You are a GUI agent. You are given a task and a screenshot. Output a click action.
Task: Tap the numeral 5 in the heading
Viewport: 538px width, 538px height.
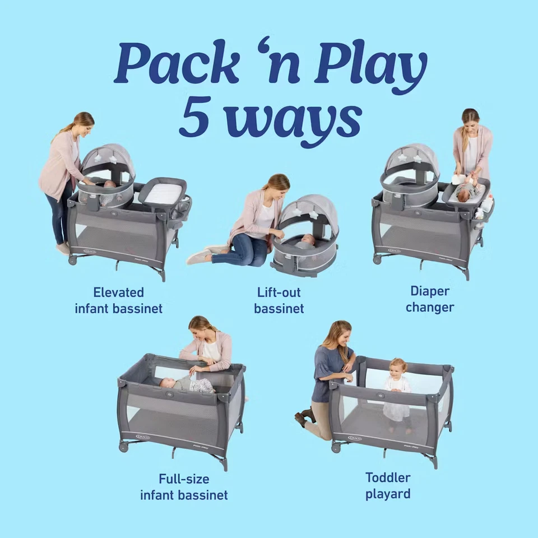click(194, 118)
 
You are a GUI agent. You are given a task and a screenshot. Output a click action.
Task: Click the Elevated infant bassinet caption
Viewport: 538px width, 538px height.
click(118, 300)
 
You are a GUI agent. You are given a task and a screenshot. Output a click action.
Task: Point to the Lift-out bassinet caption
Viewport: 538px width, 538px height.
click(279, 300)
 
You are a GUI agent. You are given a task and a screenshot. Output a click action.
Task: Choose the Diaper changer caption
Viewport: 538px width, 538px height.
click(430, 299)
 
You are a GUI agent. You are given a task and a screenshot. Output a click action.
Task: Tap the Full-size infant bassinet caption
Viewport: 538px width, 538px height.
click(184, 486)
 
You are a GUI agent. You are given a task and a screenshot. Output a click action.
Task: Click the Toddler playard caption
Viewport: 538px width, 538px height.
click(388, 485)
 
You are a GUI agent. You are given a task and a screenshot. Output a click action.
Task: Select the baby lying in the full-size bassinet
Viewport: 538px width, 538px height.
click(185, 384)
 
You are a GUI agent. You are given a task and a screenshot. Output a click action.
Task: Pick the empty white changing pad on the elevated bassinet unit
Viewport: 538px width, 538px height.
click(162, 193)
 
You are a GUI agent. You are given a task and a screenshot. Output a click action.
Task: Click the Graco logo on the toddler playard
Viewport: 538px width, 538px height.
click(355, 438)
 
